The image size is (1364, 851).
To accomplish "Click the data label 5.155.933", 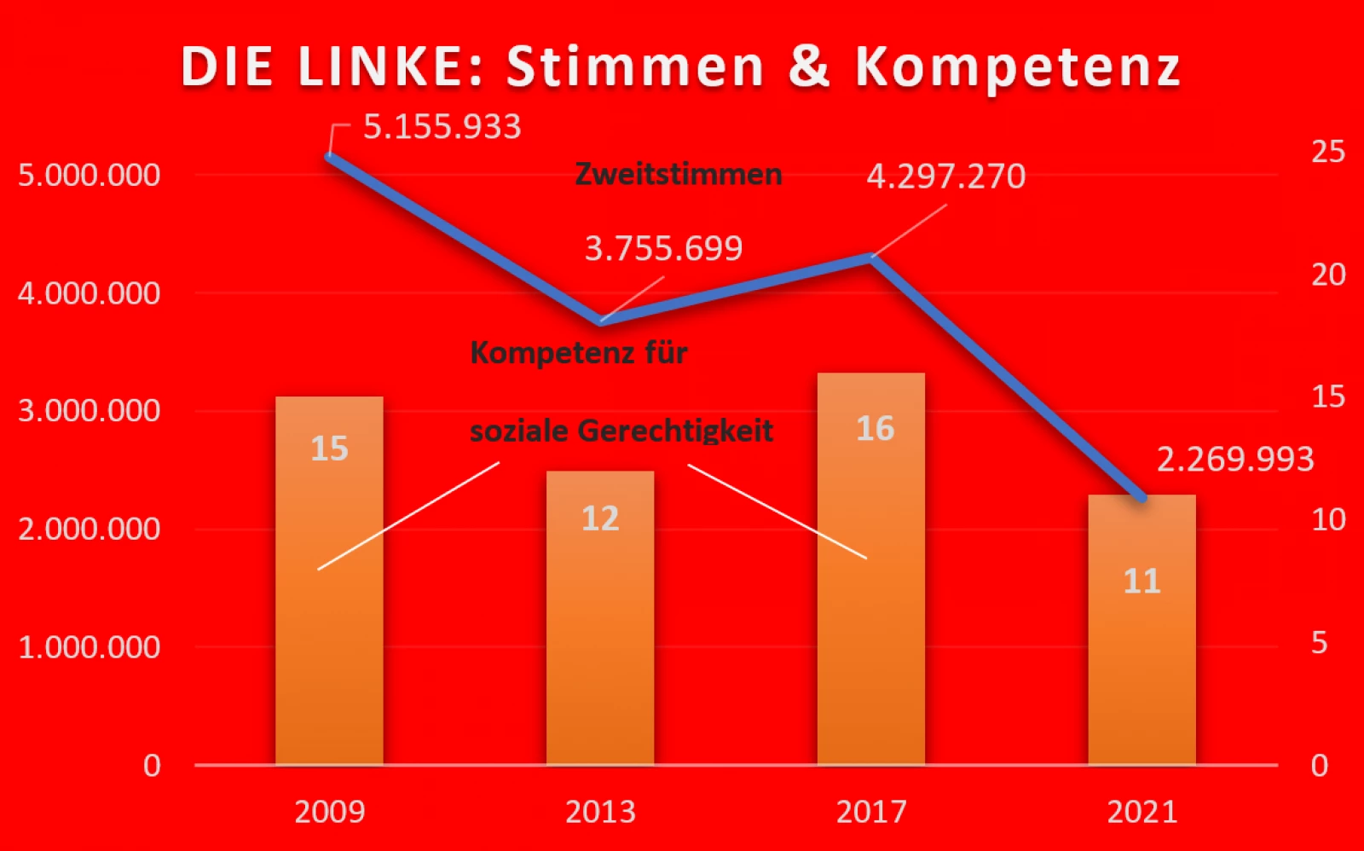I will coord(442,127).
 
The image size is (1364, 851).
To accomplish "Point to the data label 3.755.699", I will coord(663,248).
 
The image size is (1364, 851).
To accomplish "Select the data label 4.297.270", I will coord(945,177).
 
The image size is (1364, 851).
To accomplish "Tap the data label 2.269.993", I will coord(1234,460).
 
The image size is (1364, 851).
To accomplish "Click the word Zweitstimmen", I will coord(679,174).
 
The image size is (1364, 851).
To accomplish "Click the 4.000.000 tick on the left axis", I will coord(90,293).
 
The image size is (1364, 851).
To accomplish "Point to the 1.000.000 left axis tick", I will coord(90,647).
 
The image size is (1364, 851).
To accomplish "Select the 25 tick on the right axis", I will coord(1327,152).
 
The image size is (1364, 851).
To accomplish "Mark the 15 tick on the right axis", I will coord(1327,397).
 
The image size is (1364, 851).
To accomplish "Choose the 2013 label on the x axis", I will coord(600,812).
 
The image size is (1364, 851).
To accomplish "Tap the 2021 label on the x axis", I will coord(1141,812).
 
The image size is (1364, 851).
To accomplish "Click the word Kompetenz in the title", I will coord(1017,67).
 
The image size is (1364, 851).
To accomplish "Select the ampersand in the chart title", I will coord(808,67).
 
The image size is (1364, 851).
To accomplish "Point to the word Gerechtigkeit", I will coord(675,431).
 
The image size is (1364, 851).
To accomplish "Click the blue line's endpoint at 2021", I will coord(1141,497).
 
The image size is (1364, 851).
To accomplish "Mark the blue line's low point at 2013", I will coord(601,321).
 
